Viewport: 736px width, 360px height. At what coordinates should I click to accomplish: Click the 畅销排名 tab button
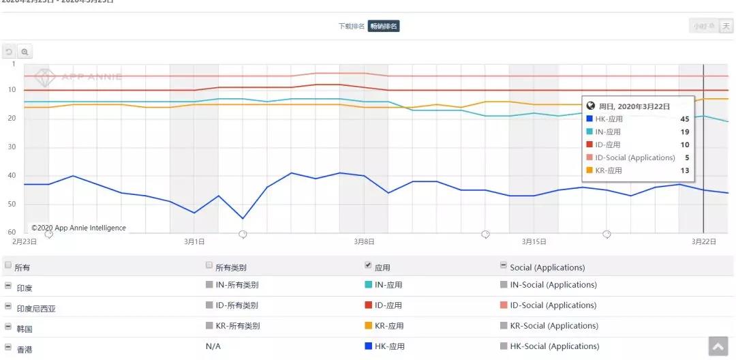click(384, 27)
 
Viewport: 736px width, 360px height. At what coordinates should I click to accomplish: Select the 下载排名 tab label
click(352, 27)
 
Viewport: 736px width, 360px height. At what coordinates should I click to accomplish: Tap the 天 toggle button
click(726, 27)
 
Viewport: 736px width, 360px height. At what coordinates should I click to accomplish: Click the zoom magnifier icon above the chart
click(25, 52)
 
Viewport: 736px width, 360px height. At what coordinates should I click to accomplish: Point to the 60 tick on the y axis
click(12, 232)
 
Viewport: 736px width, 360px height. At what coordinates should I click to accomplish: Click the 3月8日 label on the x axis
click(365, 241)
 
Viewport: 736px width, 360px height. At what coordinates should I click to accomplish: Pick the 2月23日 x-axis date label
click(25, 241)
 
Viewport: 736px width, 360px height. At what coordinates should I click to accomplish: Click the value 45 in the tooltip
click(684, 119)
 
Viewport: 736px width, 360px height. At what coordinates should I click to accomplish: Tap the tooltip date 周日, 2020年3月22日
click(634, 106)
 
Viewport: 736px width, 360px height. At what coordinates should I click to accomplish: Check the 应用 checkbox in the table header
click(369, 265)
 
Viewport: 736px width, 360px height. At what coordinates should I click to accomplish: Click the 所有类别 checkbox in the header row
click(209, 265)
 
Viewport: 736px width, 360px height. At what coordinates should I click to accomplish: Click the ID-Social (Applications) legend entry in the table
click(553, 305)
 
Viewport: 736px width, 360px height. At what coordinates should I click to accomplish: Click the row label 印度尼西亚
click(36, 308)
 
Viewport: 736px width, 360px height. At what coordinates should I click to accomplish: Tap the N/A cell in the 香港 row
click(213, 346)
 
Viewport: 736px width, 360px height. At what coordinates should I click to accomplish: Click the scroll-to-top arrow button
click(718, 346)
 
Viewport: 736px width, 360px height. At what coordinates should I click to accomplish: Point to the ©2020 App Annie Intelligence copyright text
click(78, 228)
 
